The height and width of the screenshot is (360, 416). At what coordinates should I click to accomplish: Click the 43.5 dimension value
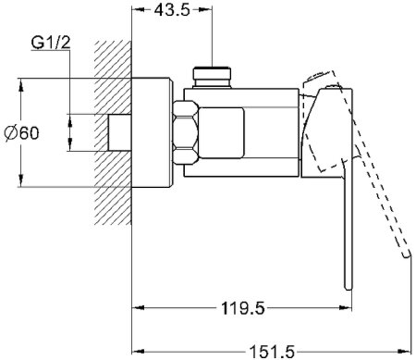pyautogui.click(x=172, y=10)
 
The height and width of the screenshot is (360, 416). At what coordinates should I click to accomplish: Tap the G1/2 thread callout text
pyautogui.click(x=51, y=43)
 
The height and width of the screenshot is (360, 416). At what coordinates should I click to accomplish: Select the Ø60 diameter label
pyautogui.click(x=22, y=133)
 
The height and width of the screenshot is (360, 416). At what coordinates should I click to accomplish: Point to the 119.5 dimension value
pyautogui.click(x=243, y=308)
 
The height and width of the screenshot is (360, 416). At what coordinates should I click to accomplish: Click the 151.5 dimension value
pyautogui.click(x=272, y=352)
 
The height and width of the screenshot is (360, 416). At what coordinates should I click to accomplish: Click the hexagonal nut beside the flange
pyautogui.click(x=186, y=132)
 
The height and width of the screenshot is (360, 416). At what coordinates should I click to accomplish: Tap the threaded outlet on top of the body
pyautogui.click(x=212, y=78)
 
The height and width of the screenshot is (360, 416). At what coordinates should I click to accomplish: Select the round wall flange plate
pyautogui.click(x=152, y=132)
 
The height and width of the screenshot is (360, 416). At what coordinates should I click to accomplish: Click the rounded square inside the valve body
pyautogui.click(x=221, y=133)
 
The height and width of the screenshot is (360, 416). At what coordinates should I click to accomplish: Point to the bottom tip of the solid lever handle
pyautogui.click(x=349, y=289)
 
